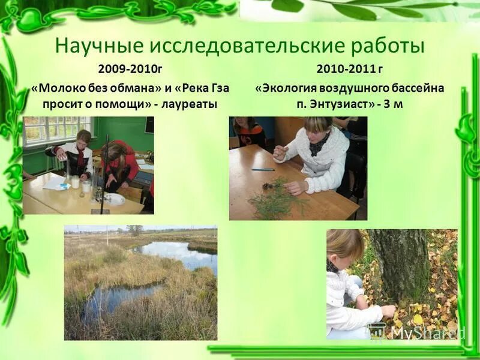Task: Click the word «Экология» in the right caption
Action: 289,88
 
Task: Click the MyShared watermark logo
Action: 414,330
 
